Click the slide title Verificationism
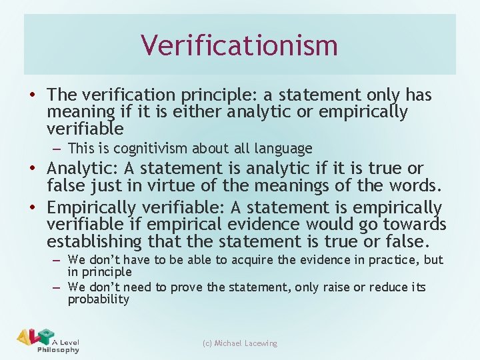point(239,45)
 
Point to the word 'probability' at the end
point(98,299)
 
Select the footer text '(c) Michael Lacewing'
point(240,343)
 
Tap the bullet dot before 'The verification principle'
point(33,96)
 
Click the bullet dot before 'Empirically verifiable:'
point(33,209)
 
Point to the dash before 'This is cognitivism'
point(58,148)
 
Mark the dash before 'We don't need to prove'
point(58,287)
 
